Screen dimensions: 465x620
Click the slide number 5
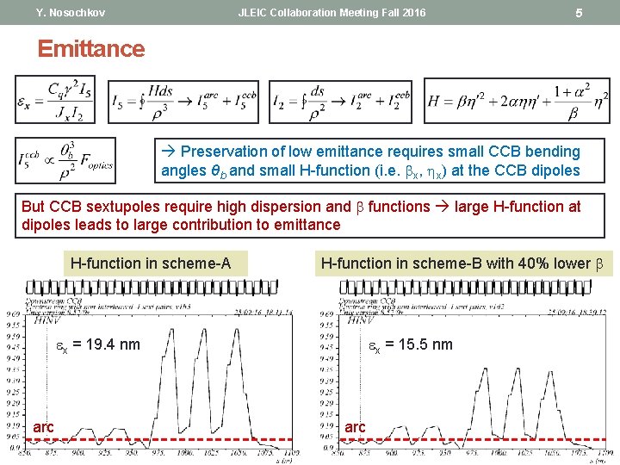pos(579,13)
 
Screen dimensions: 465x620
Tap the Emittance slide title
pos(91,48)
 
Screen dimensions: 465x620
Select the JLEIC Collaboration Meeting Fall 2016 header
pos(332,13)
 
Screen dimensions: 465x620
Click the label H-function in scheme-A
pos(151,263)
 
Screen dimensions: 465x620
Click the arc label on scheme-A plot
pos(44,427)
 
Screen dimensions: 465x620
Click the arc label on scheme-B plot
pos(355,427)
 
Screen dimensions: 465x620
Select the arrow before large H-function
pos(443,207)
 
